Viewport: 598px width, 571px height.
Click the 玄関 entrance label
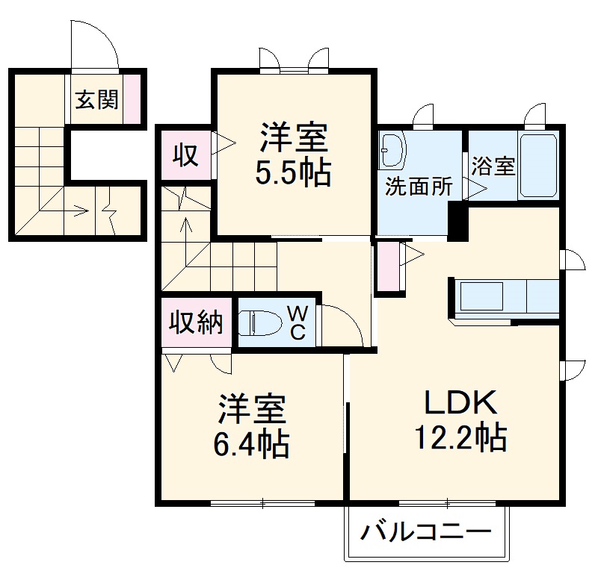(x=97, y=99)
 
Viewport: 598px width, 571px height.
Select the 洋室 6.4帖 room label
(x=252, y=428)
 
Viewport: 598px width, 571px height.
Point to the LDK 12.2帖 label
(x=460, y=420)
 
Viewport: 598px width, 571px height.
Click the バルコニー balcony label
(x=427, y=533)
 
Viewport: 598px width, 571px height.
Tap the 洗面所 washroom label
(x=419, y=187)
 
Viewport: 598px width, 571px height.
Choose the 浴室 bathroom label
(x=493, y=166)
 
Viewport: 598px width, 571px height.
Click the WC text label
(x=297, y=323)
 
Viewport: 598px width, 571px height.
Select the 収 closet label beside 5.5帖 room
(x=185, y=155)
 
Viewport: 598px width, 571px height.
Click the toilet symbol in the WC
(x=259, y=323)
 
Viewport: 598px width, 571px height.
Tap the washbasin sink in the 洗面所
(x=391, y=151)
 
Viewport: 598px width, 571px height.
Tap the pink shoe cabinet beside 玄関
(x=132, y=98)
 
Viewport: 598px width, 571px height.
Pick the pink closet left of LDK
(x=388, y=266)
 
